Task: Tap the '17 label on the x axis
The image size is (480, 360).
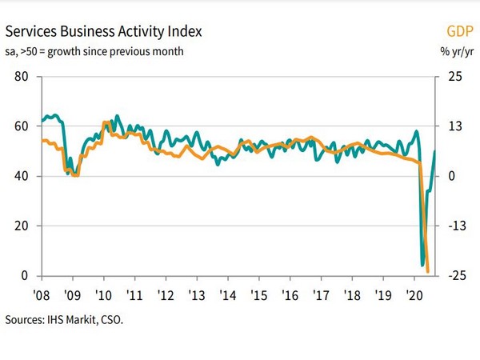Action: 322,293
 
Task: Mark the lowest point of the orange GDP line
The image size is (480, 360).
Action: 429,272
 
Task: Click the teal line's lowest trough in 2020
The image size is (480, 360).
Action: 422,264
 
